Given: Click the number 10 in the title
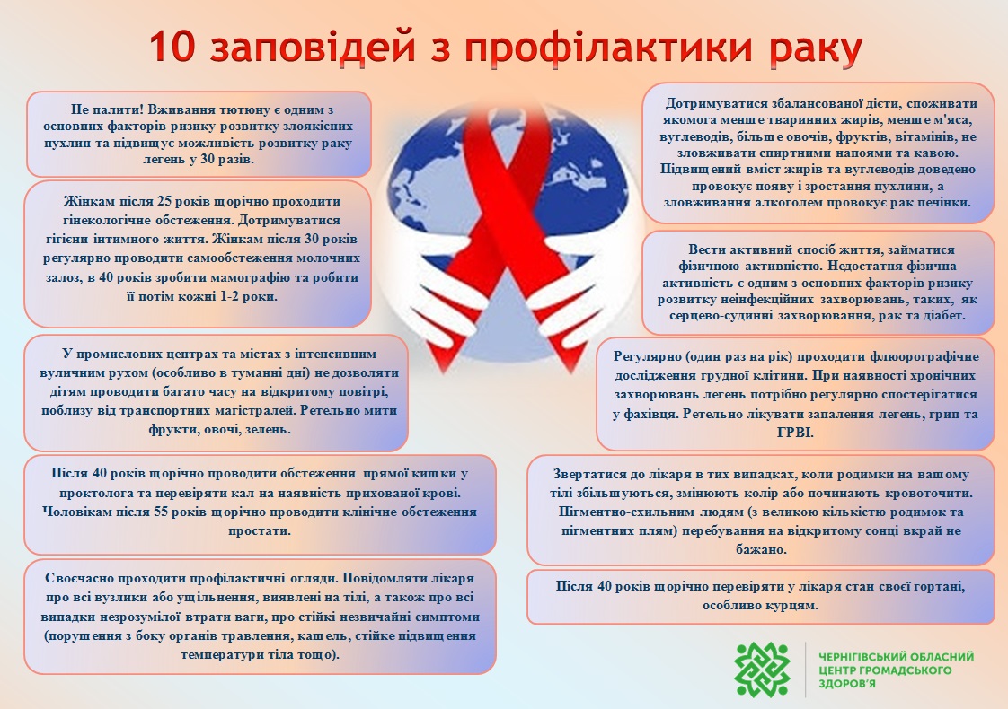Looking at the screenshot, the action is click(172, 47).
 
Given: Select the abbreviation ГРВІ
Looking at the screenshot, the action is click(795, 433).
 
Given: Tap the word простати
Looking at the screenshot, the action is click(259, 531).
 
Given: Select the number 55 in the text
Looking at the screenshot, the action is click(162, 512).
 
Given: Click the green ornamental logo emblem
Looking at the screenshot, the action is click(763, 670).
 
